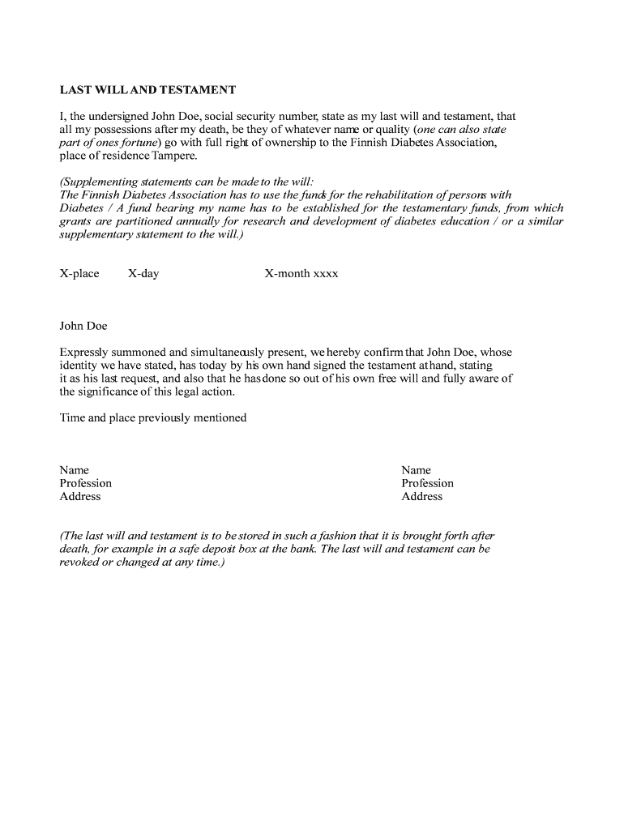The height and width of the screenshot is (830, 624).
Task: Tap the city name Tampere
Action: click(175, 155)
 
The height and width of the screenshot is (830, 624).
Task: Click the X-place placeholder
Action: click(79, 273)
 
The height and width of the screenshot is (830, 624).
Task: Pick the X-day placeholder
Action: click(143, 273)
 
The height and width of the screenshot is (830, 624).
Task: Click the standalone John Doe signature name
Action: click(83, 326)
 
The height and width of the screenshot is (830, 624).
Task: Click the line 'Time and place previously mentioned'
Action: click(153, 417)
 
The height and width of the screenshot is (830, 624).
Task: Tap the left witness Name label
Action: click(75, 470)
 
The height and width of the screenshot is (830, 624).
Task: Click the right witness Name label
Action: click(417, 470)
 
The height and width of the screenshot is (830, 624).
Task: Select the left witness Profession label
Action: click(86, 483)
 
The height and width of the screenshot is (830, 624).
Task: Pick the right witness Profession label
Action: click(428, 483)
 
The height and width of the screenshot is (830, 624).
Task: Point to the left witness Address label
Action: click(80, 496)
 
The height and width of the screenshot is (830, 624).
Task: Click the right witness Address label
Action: click(422, 496)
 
